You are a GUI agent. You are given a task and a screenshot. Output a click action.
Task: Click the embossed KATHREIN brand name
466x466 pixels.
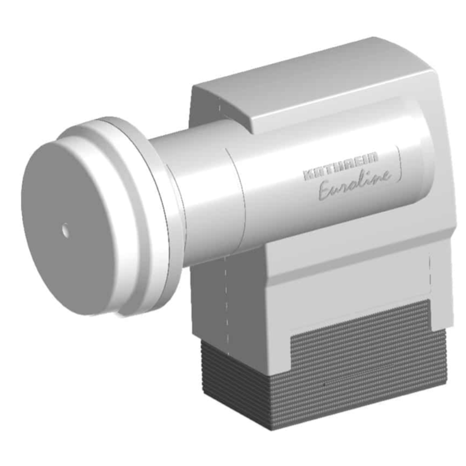click(x=341, y=171)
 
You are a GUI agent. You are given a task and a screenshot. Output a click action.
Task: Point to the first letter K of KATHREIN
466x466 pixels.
click(x=308, y=175)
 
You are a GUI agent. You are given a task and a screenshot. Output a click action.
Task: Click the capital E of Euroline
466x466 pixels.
click(x=326, y=190)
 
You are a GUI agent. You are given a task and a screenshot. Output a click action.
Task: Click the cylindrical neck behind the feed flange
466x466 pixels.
click(x=196, y=196)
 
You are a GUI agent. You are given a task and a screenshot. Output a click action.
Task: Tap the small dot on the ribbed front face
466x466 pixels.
click(x=324, y=384)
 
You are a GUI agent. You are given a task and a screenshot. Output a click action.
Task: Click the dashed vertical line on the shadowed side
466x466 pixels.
click(x=225, y=297)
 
